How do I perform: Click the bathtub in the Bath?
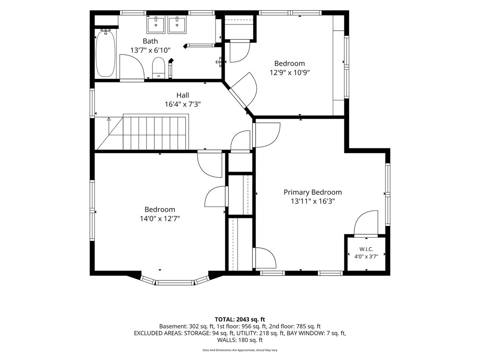(106, 54)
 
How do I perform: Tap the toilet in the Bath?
(158, 68)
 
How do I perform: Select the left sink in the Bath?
(156, 25)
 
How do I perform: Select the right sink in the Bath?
(177, 25)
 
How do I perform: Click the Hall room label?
(182, 95)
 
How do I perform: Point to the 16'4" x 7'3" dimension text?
(182, 104)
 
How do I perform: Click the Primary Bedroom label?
(313, 192)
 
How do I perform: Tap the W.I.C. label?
(366, 249)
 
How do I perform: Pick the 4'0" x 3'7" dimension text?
(366, 256)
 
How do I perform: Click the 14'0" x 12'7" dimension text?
(160, 218)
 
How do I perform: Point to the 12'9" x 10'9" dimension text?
(290, 72)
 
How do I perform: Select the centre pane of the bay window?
(175, 282)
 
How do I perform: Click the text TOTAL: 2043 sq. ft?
(240, 320)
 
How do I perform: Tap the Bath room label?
(150, 41)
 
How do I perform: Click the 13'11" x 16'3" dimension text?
(313, 201)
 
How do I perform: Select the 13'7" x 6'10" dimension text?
(150, 50)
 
